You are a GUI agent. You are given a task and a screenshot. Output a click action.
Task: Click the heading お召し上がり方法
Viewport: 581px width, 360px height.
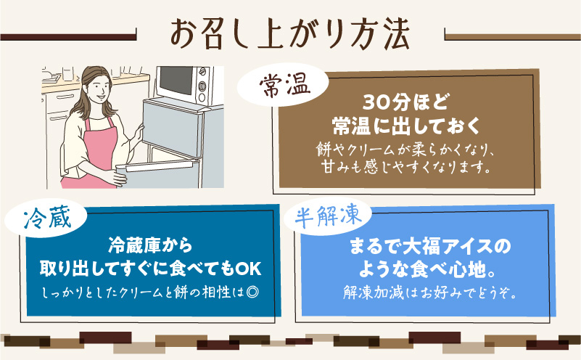point(289,32)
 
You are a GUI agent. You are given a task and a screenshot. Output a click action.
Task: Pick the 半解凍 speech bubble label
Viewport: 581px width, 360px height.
point(330,216)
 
